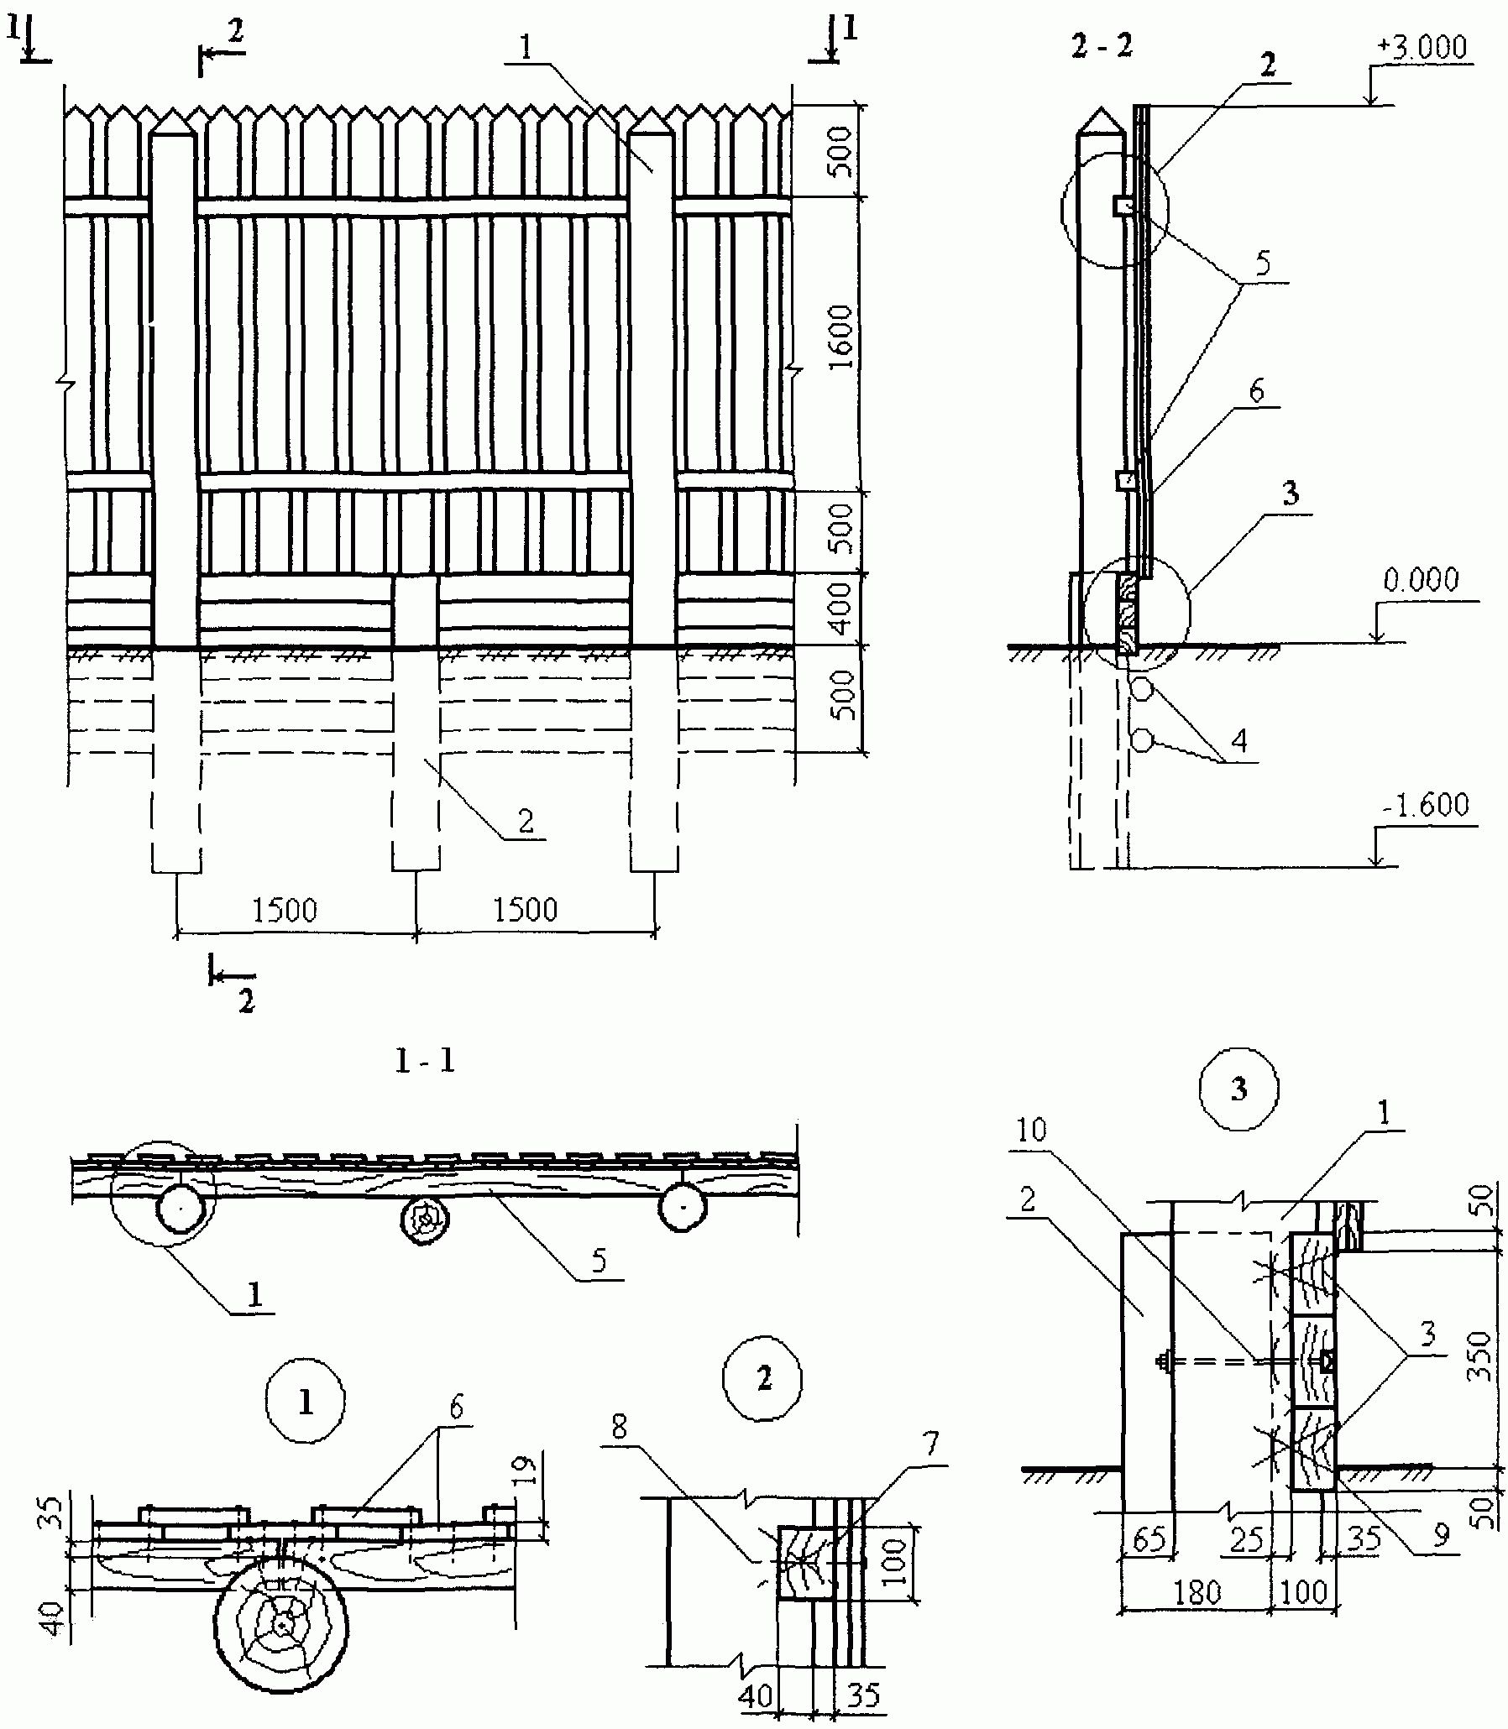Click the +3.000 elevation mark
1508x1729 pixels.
pos(1422,47)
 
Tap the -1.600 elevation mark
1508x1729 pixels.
pos(1425,806)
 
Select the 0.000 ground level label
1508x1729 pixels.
pos(1421,581)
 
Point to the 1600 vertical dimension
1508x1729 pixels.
pos(840,337)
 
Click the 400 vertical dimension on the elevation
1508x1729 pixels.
pos(840,609)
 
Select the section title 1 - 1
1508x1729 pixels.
pos(425,1062)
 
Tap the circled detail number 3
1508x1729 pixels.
pos(1238,1089)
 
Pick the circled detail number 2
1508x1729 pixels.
pos(763,1379)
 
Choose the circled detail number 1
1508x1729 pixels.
pos(305,1403)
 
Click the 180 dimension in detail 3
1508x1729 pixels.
pos(1196,1592)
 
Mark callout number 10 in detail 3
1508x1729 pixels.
pos(1031,1130)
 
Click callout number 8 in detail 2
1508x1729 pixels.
pos(620,1427)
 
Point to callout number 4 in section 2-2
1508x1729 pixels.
pos(1238,740)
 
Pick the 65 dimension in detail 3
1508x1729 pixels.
pos(1149,1538)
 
